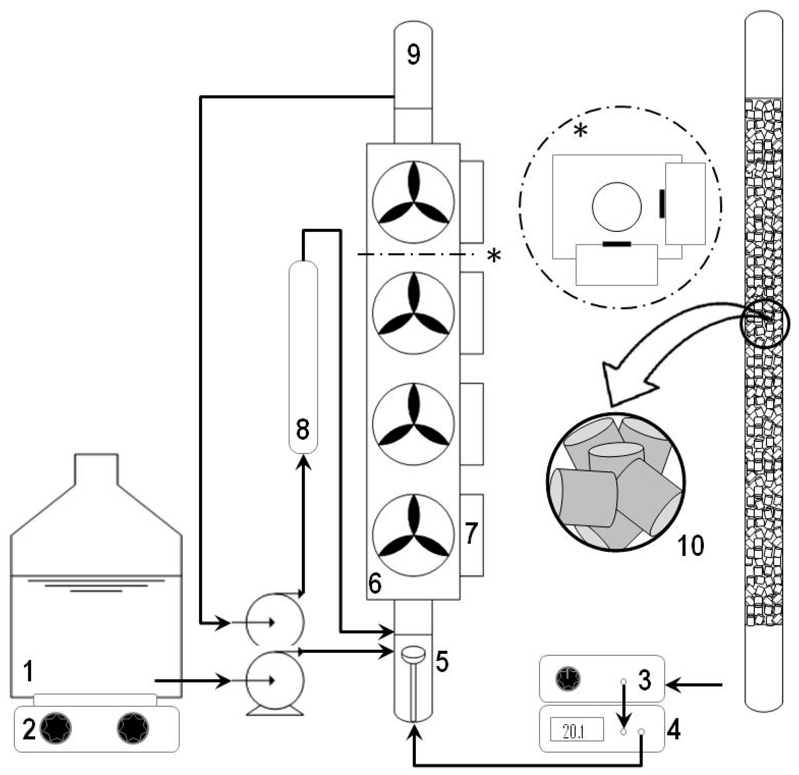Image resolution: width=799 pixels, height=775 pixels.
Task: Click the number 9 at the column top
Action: point(413,54)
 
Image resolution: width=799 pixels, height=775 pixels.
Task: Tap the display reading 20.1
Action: point(576,730)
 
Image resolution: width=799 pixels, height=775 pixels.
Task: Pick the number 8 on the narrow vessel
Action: point(303,429)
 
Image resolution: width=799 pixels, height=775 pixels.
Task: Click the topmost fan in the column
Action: point(413,202)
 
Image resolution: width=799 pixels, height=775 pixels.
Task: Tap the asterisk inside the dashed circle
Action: point(581,131)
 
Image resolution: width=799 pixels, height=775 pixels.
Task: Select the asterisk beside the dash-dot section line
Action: point(494,256)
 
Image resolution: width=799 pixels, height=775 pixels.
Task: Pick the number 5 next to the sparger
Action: point(442,662)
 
